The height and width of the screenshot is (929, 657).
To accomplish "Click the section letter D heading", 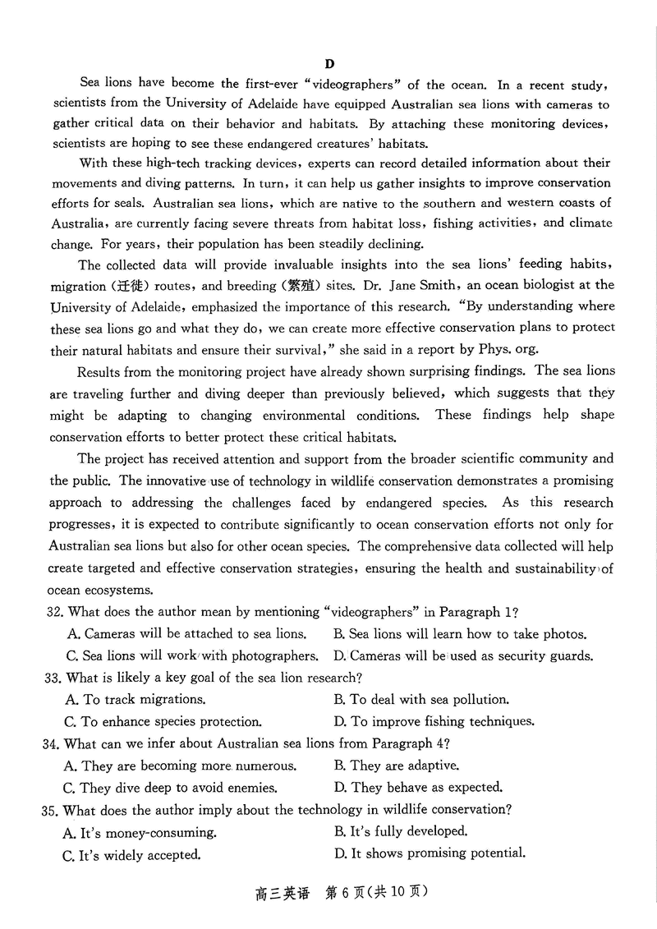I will tap(329, 63).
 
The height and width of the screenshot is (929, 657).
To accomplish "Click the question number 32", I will tap(54, 612).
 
